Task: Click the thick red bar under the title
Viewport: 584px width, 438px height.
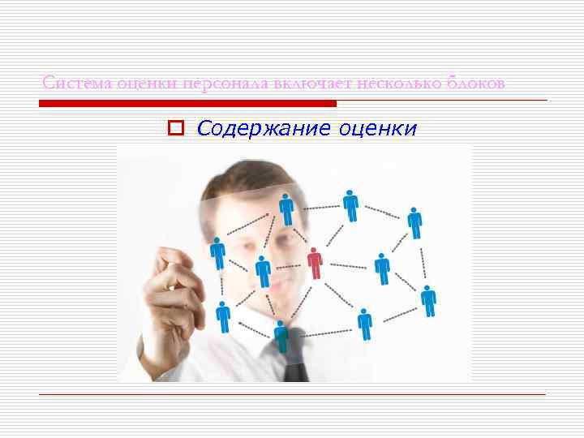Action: (187, 104)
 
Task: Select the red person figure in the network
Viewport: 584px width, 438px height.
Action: (315, 263)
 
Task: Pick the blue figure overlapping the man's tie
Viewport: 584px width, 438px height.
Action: (281, 335)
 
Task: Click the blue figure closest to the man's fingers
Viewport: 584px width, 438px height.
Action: (218, 252)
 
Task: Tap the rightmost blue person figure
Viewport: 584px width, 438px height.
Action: (428, 300)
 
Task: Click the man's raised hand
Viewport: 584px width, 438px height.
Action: (174, 280)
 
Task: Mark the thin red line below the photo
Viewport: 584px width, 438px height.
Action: (292, 395)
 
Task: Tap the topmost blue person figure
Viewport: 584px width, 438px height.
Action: (350, 204)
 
